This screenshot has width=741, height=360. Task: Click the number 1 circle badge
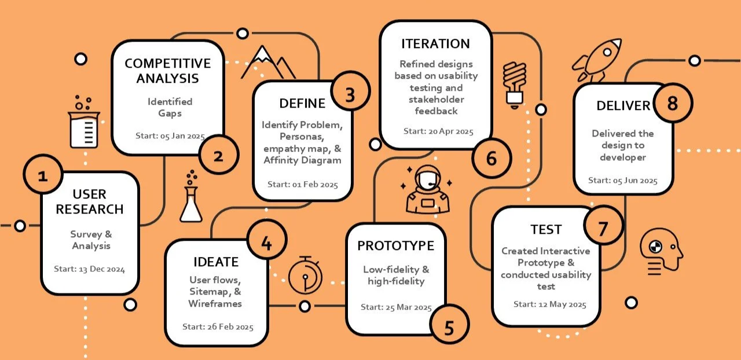tap(43, 175)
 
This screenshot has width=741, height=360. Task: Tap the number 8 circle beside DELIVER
tap(672, 104)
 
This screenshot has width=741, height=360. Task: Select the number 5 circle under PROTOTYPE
tap(449, 327)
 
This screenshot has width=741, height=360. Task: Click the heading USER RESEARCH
tap(90, 201)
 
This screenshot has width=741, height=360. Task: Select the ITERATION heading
tap(435, 44)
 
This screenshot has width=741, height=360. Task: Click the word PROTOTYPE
tap(395, 245)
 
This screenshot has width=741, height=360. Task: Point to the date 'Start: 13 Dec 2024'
tap(90, 269)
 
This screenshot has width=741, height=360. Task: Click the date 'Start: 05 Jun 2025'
tap(623, 181)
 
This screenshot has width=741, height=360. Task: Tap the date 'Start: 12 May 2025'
tap(550, 304)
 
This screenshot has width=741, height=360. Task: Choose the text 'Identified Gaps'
tap(170, 107)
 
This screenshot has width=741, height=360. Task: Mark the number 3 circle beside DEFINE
tap(350, 95)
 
